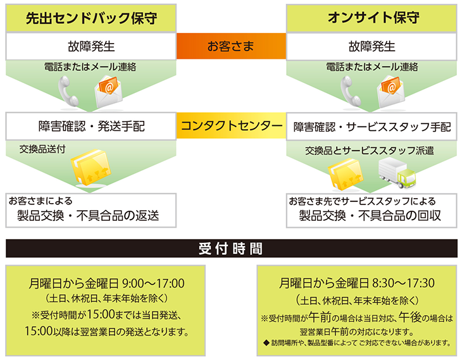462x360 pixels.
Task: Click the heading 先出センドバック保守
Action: pyautogui.click(x=91, y=18)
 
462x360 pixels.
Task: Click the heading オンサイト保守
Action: pyautogui.click(x=372, y=18)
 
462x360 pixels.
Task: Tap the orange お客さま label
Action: pyautogui.click(x=231, y=46)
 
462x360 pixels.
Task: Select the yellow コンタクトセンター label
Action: pyautogui.click(x=231, y=125)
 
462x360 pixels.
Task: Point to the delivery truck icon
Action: pyautogui.click(x=396, y=173)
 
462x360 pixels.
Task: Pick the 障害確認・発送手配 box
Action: pyautogui.click(x=91, y=126)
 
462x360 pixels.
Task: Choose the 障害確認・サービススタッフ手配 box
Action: pyautogui.click(x=372, y=126)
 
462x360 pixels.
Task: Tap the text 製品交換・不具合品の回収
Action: pyautogui.click(x=370, y=216)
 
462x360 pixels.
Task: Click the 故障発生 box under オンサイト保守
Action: pyautogui.click(x=372, y=46)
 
